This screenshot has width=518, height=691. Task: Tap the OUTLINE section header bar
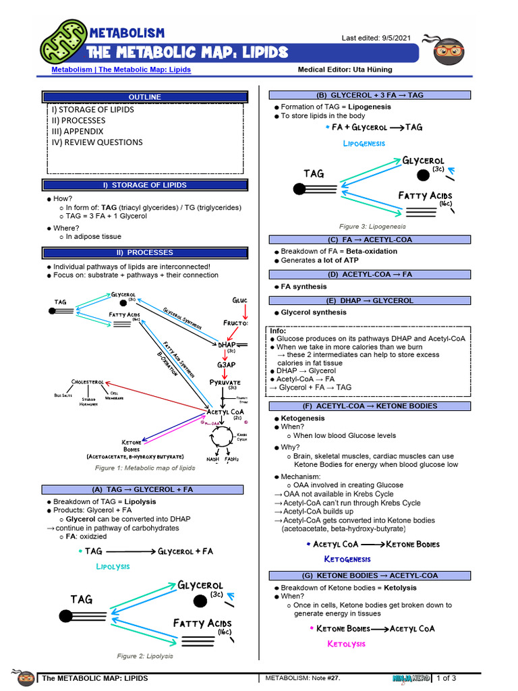145,97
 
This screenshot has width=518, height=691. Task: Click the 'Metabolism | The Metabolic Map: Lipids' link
121,70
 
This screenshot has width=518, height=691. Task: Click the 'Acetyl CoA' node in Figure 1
225,412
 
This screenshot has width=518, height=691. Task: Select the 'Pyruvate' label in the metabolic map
225,382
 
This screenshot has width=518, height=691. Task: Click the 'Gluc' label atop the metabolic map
239,300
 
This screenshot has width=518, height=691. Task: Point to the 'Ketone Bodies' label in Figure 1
132,445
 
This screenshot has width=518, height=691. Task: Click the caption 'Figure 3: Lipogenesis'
372,227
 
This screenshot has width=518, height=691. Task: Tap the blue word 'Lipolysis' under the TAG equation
113,566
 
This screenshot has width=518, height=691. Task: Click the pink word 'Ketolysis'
346,644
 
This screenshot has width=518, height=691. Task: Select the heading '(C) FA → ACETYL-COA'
369,240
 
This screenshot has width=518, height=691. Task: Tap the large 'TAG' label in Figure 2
82,599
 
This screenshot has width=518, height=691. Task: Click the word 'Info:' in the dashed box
278,331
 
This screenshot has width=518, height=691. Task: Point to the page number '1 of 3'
447,678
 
